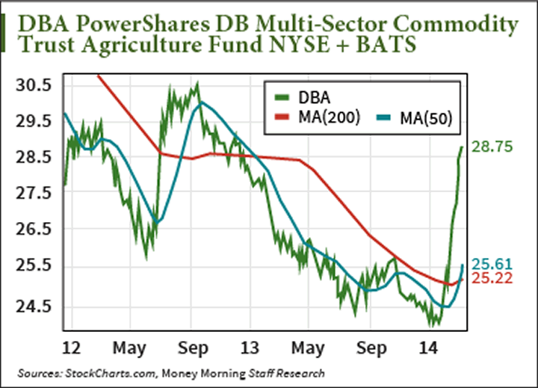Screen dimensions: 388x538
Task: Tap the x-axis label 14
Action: [x=429, y=348]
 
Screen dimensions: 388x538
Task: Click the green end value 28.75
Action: [x=492, y=148]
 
